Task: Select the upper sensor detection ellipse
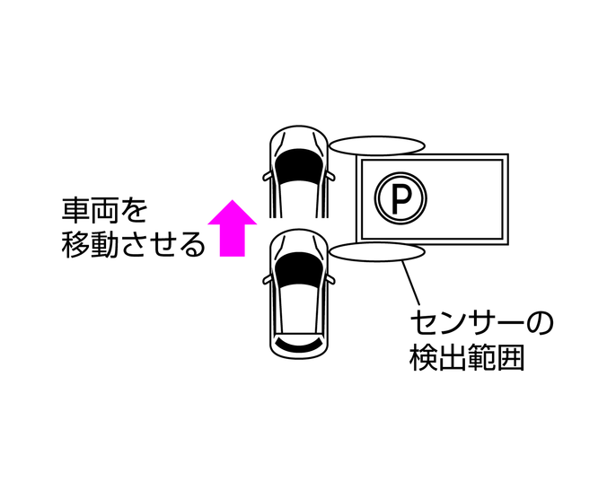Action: [x=375, y=145]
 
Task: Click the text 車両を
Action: [x=103, y=212]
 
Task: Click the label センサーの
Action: [x=480, y=322]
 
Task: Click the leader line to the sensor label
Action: [x=412, y=283]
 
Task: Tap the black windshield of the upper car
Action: [x=300, y=167]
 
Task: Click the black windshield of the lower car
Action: [x=300, y=271]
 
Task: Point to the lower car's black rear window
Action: [x=300, y=345]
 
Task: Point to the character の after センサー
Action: [x=539, y=322]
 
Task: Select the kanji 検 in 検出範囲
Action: [x=423, y=358]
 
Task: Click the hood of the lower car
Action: [x=300, y=246]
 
